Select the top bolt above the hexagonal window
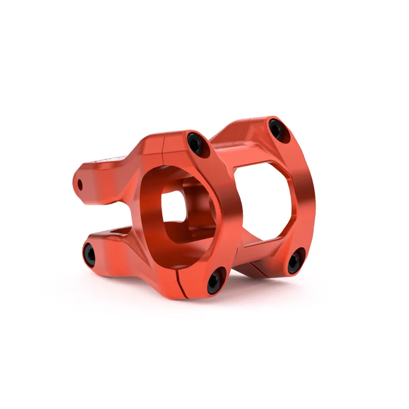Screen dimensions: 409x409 [276, 128]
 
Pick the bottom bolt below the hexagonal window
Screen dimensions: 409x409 [295, 261]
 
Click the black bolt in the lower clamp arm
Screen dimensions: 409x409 [89, 254]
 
